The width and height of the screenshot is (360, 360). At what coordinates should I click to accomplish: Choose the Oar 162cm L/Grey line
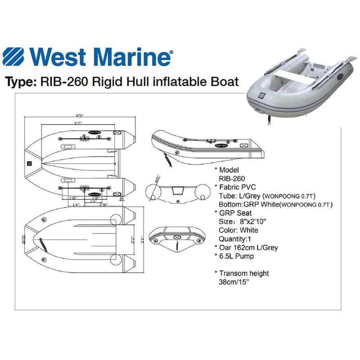(x=248, y=247)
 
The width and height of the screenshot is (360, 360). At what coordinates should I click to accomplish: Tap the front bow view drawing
(x=177, y=238)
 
